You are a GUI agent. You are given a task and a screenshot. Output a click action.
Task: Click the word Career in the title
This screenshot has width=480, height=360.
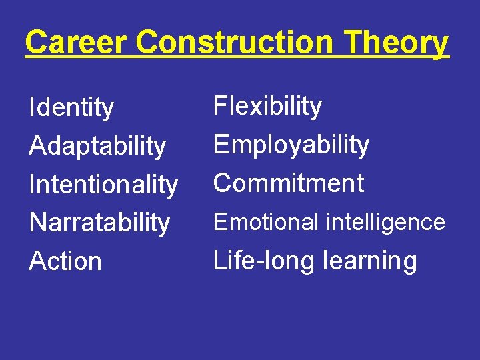click(79, 42)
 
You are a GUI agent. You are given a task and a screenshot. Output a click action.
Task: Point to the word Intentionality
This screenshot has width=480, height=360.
click(103, 185)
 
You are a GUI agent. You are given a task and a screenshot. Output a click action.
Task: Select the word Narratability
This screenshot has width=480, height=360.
click(99, 223)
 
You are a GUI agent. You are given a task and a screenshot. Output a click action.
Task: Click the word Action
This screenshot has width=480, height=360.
click(65, 261)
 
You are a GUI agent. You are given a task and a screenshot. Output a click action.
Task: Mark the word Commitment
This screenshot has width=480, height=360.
click(289, 183)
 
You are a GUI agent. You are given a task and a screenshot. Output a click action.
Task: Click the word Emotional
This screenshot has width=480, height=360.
click(265, 222)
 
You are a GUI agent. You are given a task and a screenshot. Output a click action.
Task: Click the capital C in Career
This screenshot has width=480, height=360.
click(37, 43)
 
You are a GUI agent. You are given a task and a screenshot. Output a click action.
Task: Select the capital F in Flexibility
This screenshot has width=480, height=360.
click(220, 106)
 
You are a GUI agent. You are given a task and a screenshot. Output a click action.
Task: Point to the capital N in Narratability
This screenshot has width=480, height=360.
click(37, 222)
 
